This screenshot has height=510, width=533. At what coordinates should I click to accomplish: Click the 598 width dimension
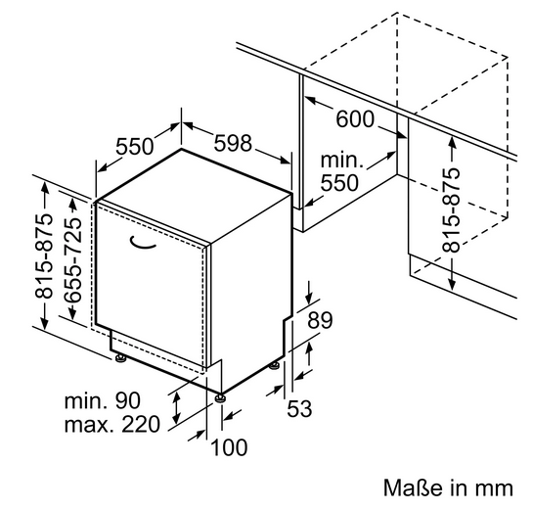pyautogui.click(x=233, y=143)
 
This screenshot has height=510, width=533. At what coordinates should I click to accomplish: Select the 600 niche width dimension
pyautogui.click(x=355, y=119)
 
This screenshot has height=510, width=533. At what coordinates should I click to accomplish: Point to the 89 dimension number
pyautogui.click(x=320, y=320)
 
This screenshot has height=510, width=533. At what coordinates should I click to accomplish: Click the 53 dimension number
pyautogui.click(x=299, y=408)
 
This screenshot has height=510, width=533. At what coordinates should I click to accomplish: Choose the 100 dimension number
pyautogui.click(x=230, y=447)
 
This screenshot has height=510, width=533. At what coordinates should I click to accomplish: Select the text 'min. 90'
pyautogui.click(x=103, y=400)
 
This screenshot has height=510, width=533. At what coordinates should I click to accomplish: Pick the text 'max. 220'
pyautogui.click(x=112, y=424)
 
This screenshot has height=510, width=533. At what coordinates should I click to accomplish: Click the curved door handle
pyautogui.click(x=142, y=244)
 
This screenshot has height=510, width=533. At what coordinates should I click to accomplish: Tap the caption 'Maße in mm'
pyautogui.click(x=448, y=487)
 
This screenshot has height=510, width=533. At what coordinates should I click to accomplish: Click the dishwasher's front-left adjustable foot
pyautogui.click(x=120, y=358)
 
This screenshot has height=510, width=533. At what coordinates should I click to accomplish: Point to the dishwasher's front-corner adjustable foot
pyautogui.click(x=221, y=397)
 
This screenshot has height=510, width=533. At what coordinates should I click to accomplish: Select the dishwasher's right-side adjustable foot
pyautogui.click(x=274, y=366)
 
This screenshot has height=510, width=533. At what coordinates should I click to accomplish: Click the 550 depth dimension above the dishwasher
pyautogui.click(x=135, y=147)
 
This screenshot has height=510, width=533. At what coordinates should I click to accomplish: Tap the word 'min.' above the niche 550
pyautogui.click(x=341, y=161)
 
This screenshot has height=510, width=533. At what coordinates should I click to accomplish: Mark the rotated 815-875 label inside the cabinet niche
pyautogui.click(x=451, y=210)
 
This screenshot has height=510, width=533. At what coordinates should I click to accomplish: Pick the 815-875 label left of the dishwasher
pyautogui.click(x=44, y=255)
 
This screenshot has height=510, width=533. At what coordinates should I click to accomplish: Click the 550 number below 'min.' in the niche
pyautogui.click(x=339, y=183)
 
